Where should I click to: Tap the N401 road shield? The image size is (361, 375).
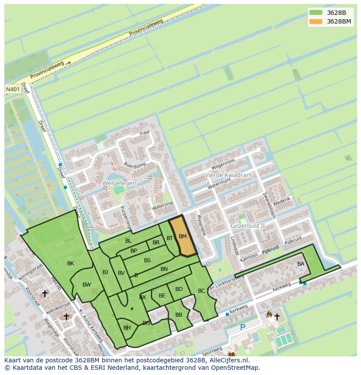click(x=13, y=89)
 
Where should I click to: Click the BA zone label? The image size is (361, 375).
click(x=301, y=264)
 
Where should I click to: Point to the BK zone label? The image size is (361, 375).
click(x=71, y=264)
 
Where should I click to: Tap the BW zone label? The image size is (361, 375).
click(x=87, y=285)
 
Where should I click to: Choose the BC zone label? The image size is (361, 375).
click(x=201, y=291)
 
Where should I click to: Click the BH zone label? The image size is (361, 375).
click(x=127, y=328)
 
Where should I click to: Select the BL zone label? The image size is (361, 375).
click(x=128, y=240)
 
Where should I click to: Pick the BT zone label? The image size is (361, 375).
click(x=170, y=238)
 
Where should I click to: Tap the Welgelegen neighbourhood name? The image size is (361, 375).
click(x=119, y=183)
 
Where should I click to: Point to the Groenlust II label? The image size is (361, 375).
click(x=248, y=226)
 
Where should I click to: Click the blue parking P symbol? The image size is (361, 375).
click(x=243, y=327)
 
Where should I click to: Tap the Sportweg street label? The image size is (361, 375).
click(x=213, y=350)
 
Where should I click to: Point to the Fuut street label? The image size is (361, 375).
click(x=144, y=132)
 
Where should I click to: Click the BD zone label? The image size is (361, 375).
click(x=179, y=289)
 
